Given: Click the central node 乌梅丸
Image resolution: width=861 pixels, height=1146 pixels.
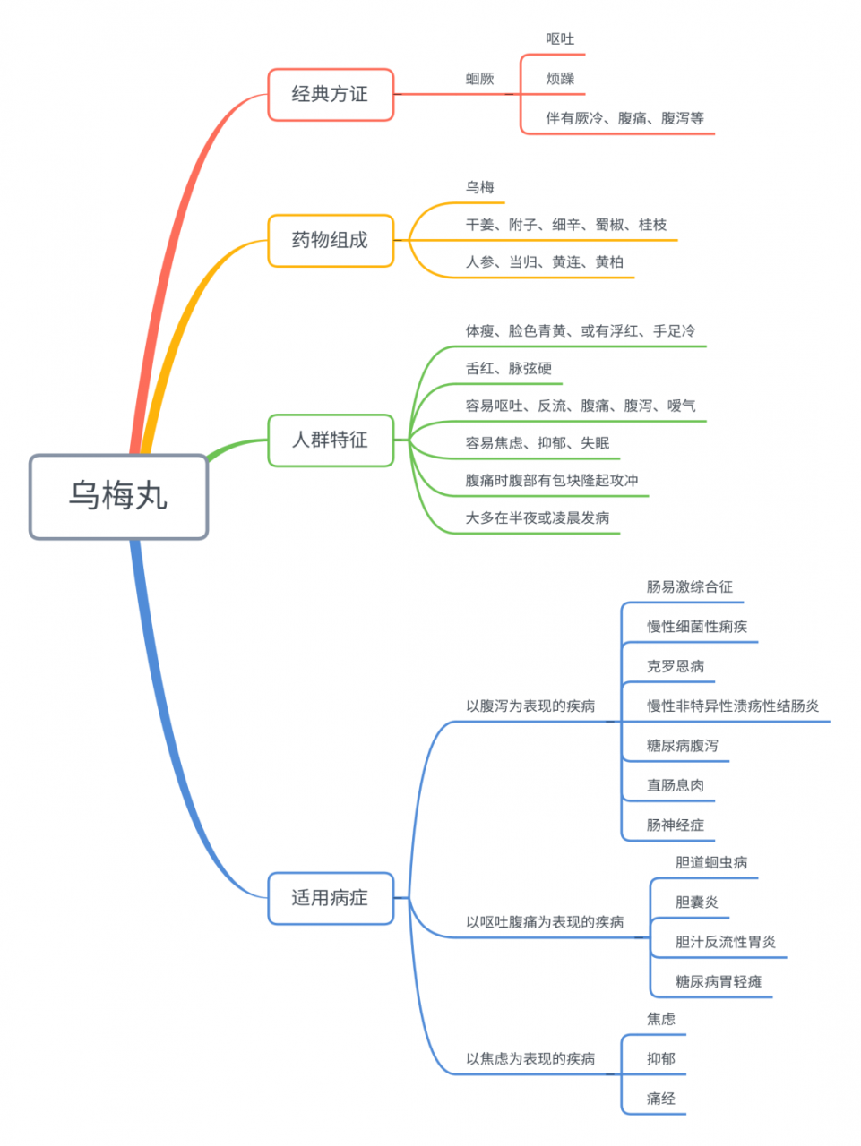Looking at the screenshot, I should tap(118, 496).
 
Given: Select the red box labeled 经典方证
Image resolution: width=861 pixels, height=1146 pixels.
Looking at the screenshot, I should tap(331, 94).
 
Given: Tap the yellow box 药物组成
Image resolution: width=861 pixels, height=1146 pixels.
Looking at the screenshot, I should tap(331, 240).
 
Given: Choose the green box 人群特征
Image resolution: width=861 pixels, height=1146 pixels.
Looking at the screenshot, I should tap(331, 440).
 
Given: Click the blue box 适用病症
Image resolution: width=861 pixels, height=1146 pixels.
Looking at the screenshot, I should tap(331, 898).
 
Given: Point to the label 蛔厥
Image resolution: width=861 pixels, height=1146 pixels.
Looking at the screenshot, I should tap(479, 79).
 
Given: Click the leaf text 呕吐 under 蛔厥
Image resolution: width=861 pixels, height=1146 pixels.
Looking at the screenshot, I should tap(560, 39).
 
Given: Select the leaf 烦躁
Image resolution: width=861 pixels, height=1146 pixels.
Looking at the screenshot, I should tap(560, 79).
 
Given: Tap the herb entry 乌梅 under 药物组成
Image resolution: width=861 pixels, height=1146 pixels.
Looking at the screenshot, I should tap(479, 187).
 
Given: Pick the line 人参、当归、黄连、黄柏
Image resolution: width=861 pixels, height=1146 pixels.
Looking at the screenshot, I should tap(544, 262).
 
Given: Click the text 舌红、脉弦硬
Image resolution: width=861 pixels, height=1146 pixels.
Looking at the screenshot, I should tap(508, 368).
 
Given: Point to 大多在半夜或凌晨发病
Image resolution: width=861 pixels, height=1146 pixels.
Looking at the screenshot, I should tap(537, 517).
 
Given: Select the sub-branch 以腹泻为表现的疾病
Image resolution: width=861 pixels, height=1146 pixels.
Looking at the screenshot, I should tap(530, 706).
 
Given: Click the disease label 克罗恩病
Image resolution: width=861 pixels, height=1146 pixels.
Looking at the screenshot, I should tap(675, 666).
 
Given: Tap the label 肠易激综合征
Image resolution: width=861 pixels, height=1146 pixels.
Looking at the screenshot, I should tap(689, 587).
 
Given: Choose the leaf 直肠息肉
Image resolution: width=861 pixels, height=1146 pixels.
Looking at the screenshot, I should tap(675, 785).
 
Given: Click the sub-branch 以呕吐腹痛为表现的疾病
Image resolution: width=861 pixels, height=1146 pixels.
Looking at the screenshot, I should tap(544, 922).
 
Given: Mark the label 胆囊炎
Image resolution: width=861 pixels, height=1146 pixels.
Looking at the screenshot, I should tap(696, 902).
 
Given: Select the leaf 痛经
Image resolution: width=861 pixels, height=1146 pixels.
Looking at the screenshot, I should tap(660, 1099).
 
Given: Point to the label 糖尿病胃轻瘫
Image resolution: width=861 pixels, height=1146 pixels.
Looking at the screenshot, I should tap(718, 981).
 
